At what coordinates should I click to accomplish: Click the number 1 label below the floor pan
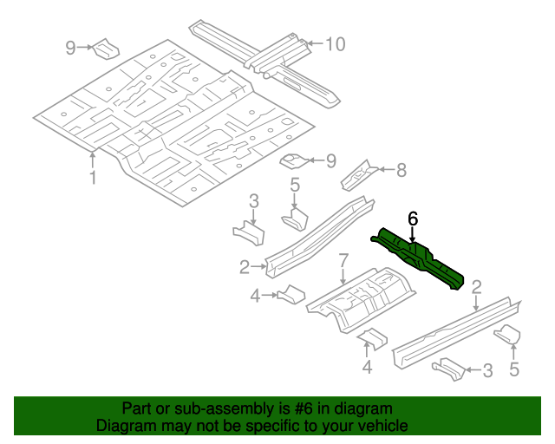93,178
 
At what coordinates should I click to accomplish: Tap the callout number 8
400,171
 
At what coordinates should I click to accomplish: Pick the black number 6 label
413,218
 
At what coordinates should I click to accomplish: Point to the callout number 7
343,259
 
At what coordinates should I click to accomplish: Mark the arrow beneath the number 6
413,233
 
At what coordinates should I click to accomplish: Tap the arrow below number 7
343,276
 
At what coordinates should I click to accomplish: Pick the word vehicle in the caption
382,426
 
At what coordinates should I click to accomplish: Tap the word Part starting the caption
137,408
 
